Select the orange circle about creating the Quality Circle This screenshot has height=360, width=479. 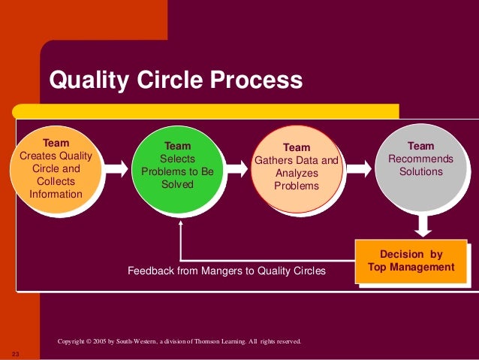pos(59,168)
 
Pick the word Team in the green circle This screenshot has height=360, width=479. pos(177,146)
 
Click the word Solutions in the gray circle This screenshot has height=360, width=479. pos(420,171)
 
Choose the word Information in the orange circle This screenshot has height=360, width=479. pos(55,195)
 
